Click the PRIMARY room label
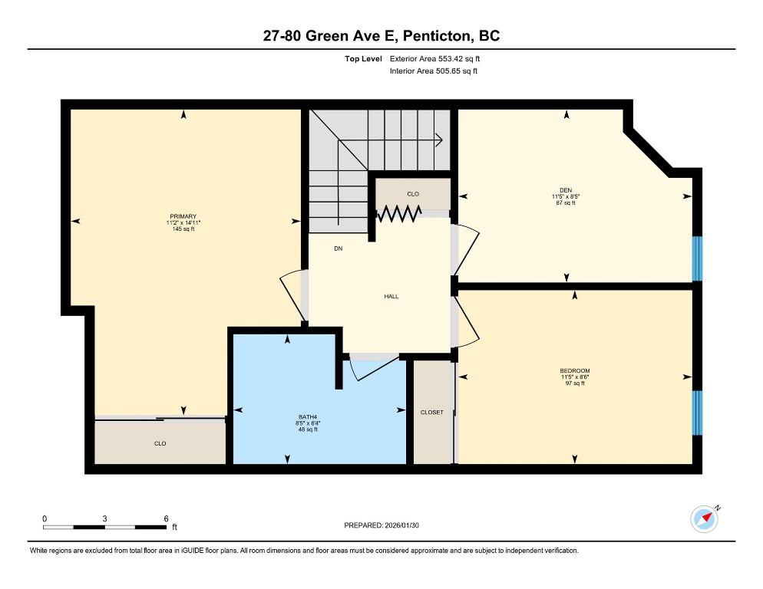click(183, 216)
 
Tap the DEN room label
click(566, 190)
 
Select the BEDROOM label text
click(575, 370)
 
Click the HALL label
click(391, 296)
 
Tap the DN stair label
click(339, 248)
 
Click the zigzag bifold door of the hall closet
click(399, 213)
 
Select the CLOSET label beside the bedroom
click(432, 413)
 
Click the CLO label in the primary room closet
click(160, 443)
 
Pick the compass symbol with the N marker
click(705, 519)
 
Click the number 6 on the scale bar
click(166, 518)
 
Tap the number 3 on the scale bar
click(104, 518)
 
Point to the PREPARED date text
click(381, 525)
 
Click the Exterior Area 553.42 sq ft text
click(434, 59)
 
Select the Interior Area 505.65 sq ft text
click(434, 71)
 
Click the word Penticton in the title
click(438, 36)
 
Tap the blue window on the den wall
click(697, 258)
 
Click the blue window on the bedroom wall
click(697, 413)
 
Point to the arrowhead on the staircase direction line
click(439, 140)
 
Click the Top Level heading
click(364, 59)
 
